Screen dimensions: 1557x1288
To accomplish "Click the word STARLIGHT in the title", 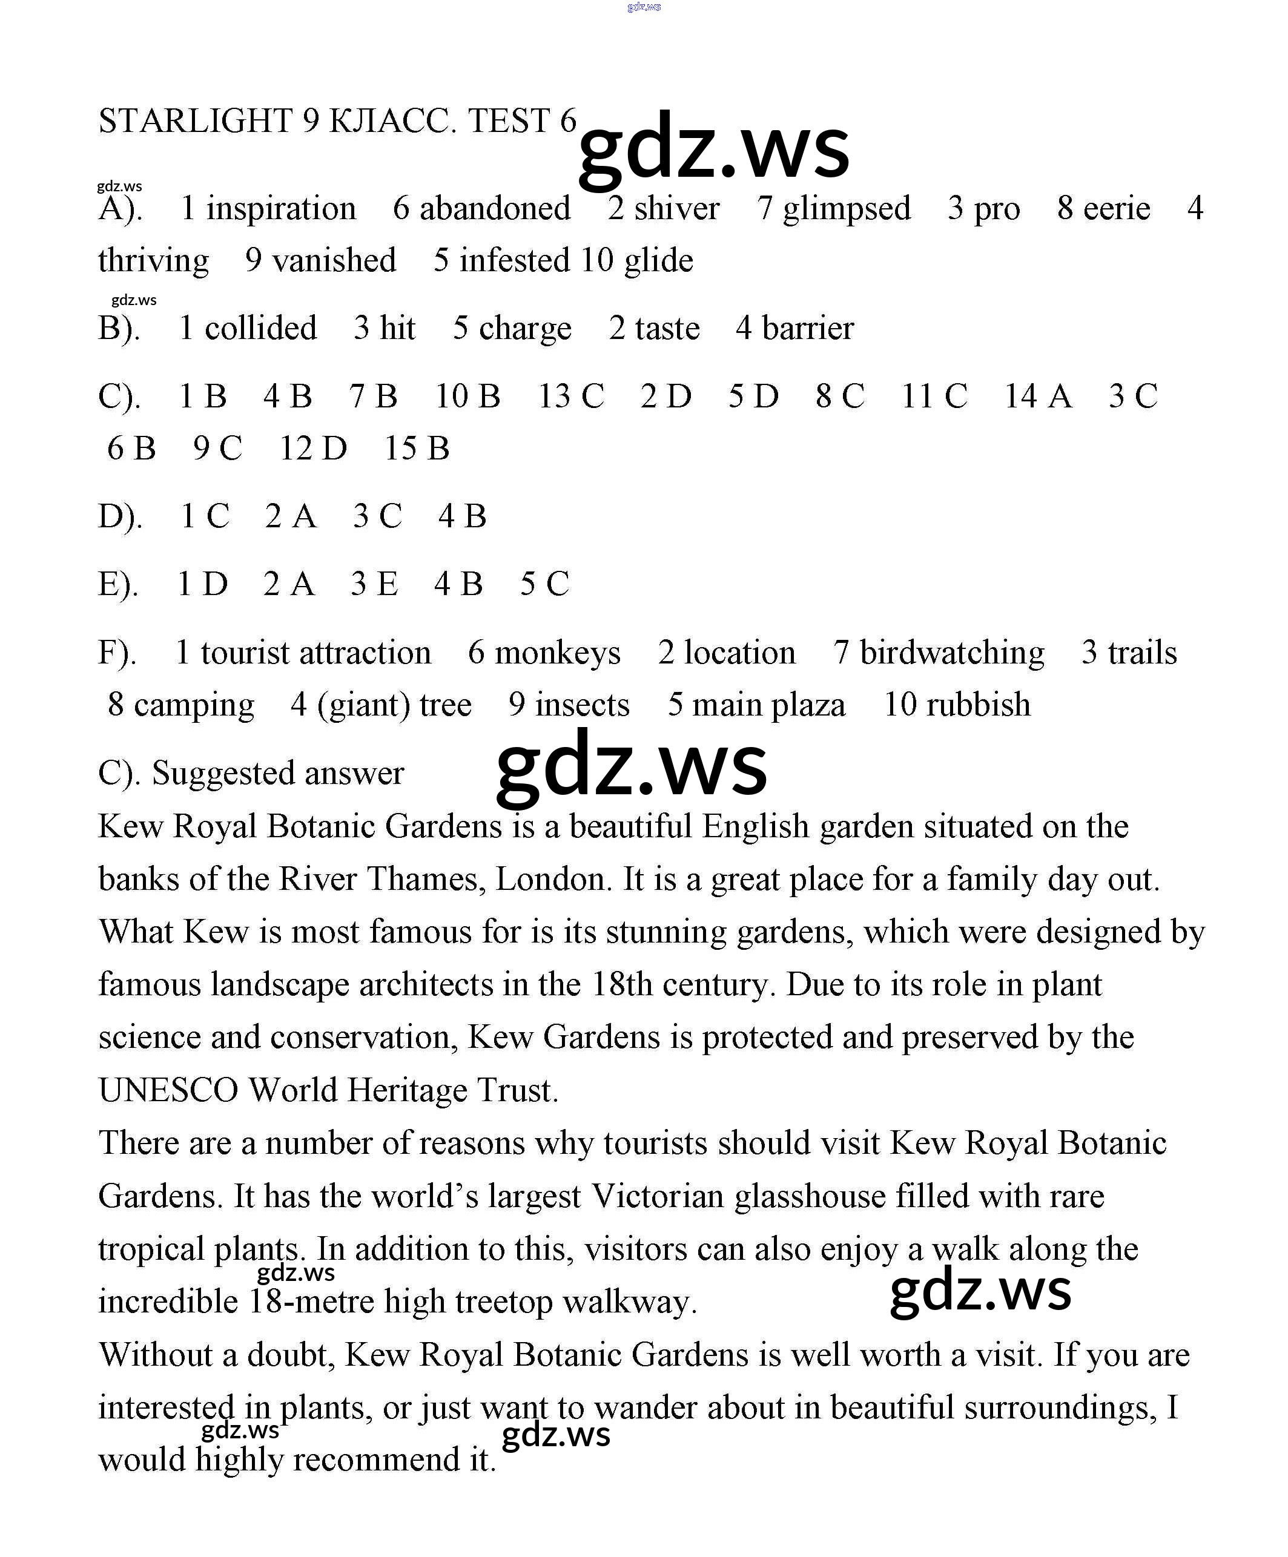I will (196, 121).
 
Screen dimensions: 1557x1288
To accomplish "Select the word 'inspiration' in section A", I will (281, 208).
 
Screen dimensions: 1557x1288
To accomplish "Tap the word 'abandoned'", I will (495, 208).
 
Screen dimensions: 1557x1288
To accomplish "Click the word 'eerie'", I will (1117, 208).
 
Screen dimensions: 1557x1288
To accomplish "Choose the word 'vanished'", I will (334, 260).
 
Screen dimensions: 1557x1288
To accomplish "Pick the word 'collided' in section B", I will (260, 328).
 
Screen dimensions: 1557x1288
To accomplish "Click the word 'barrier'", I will (808, 328).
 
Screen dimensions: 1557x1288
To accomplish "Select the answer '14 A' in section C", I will (1038, 396).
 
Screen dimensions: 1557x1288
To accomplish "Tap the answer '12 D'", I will (313, 448).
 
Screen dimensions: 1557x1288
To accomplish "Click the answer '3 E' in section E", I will (374, 584).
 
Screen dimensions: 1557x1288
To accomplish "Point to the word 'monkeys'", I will (557, 653).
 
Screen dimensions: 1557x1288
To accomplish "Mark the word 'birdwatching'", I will (952, 653).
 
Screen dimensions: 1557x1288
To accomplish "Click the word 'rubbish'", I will (978, 705).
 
